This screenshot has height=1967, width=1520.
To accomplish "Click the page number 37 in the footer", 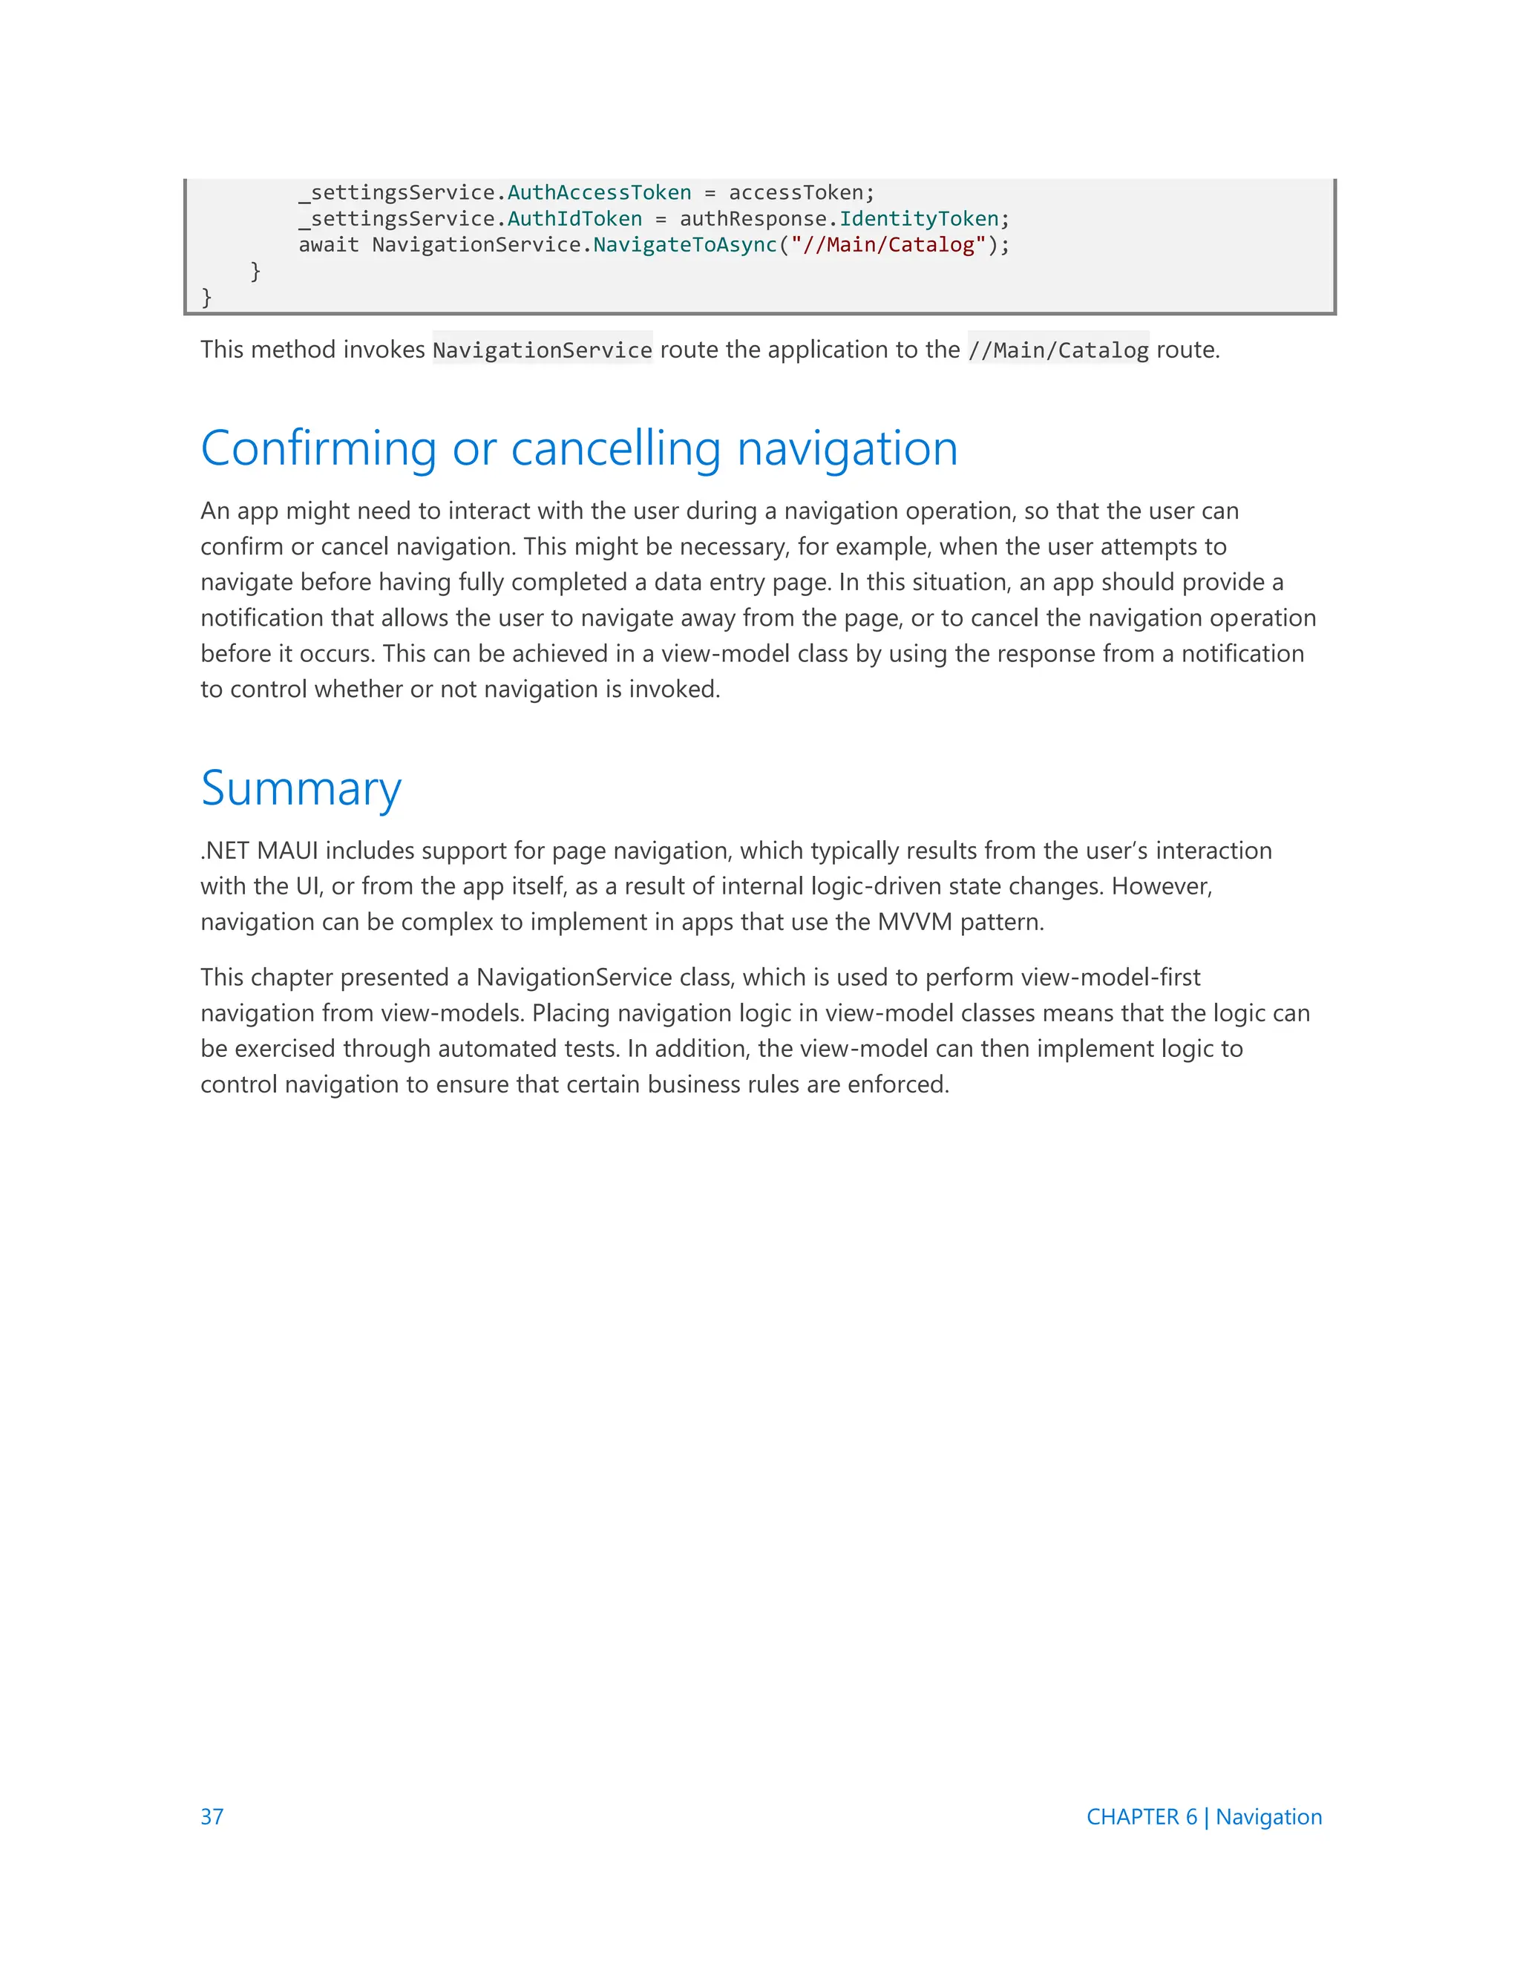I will click(x=212, y=1816).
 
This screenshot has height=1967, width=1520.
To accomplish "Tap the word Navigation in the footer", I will click(x=1268, y=1816).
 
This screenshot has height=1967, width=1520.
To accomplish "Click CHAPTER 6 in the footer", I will click(x=1141, y=1816).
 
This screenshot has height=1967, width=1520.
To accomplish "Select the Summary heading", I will click(x=301, y=789).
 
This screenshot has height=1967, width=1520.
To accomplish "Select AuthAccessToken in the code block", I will click(x=599, y=193).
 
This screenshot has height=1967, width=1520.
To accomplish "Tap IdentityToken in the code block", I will click(x=919, y=219).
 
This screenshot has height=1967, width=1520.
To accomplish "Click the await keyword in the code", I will click(x=329, y=245).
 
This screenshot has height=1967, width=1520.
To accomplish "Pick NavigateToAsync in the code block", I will click(x=684, y=245).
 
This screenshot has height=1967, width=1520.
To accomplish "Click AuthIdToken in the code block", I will click(x=574, y=219).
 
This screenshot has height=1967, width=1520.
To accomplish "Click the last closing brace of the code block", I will click(x=206, y=296).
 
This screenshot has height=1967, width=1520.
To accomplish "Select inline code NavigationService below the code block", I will click(x=542, y=350).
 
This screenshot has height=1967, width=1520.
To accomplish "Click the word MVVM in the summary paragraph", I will click(x=914, y=922).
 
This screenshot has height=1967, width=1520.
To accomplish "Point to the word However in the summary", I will click(x=1162, y=886).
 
